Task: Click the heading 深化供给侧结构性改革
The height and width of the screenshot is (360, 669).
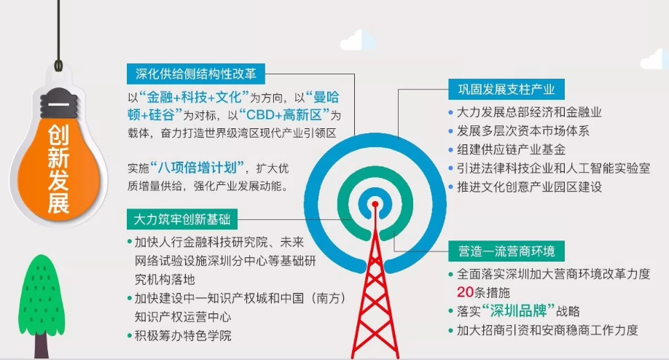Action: coord(196,74)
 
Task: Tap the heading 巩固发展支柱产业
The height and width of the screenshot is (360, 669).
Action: coord(506,89)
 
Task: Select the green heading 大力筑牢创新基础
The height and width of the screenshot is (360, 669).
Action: coord(182,219)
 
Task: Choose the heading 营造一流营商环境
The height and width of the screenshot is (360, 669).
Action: coord(506,251)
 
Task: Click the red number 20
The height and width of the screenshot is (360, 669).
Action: coord(465,292)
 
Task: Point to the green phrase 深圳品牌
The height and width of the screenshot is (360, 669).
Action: coord(518,311)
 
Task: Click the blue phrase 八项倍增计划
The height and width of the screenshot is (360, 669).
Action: coord(197,168)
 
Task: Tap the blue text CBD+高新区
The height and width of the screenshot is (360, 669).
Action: coord(284,115)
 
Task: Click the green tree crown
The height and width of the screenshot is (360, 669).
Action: coord(42,294)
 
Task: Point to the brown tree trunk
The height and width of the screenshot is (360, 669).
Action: coord(42,345)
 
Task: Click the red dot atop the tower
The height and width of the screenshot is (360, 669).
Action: coord(375,204)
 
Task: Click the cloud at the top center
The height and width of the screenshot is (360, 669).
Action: coord(358,40)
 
